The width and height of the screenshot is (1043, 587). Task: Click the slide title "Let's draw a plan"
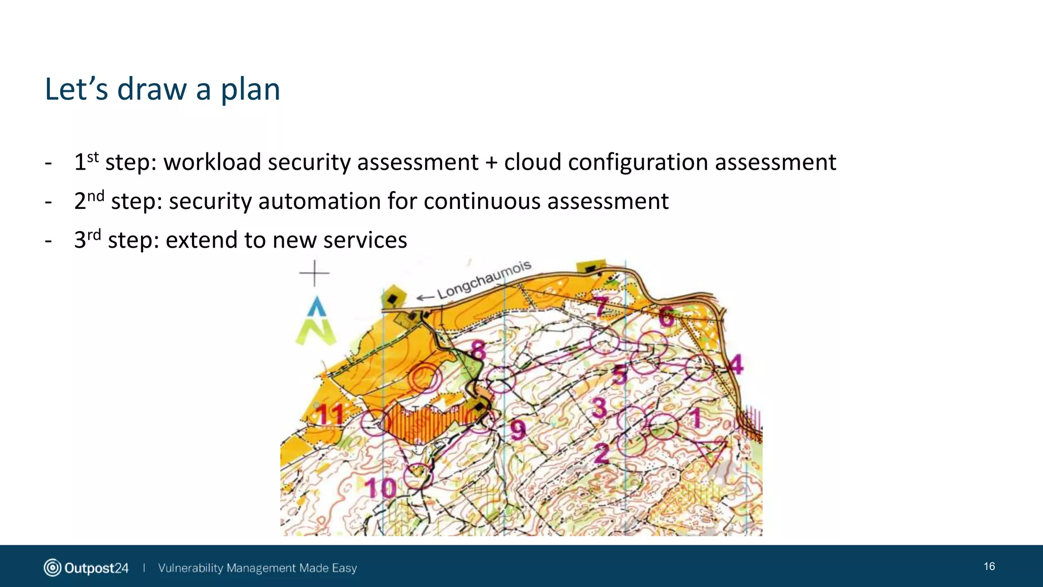click(x=162, y=89)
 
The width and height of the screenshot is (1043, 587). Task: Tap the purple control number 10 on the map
click(x=380, y=488)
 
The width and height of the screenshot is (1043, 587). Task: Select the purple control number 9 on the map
click(x=518, y=430)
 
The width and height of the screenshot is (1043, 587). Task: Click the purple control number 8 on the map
click(x=478, y=351)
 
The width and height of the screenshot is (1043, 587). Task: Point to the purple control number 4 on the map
click(x=735, y=364)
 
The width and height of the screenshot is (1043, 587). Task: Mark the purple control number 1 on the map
click(x=695, y=418)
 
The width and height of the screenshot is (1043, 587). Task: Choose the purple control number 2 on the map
click(x=601, y=452)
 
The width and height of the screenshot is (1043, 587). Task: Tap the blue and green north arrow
click(x=316, y=321)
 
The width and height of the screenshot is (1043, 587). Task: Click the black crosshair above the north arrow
click(x=314, y=273)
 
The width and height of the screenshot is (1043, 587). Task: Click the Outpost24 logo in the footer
click(x=86, y=568)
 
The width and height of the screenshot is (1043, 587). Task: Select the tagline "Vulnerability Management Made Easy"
click(x=257, y=568)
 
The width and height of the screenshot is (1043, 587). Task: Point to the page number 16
click(x=989, y=567)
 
